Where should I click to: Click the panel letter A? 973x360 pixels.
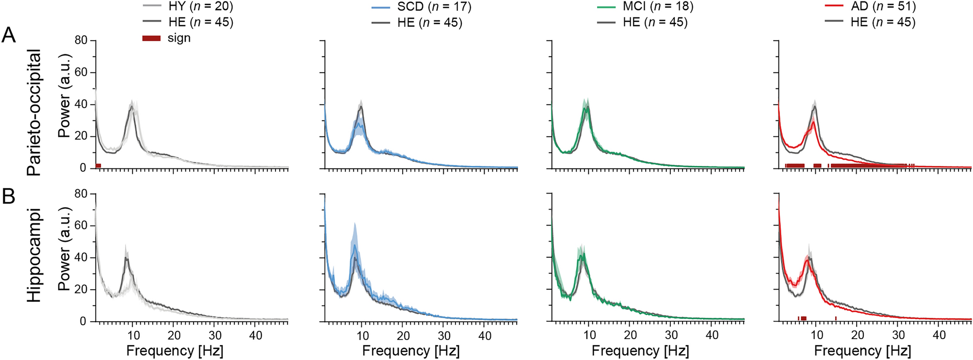tap(9, 35)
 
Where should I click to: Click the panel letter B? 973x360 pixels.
tap(9, 197)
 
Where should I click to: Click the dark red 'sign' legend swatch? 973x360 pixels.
tap(151, 38)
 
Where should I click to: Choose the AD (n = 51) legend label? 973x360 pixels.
tap(883, 6)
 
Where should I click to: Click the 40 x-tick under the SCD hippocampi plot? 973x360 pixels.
tap(485, 335)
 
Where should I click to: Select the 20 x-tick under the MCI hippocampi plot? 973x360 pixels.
tap(630, 335)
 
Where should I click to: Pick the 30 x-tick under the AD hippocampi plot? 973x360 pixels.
tap(898, 335)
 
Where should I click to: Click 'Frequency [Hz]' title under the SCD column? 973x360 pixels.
tap(410, 351)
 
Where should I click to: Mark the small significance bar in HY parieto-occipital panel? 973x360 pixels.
tap(98, 166)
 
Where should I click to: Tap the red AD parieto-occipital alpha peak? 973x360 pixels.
tap(812, 122)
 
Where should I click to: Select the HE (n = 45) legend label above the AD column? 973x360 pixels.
tap(883, 22)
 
